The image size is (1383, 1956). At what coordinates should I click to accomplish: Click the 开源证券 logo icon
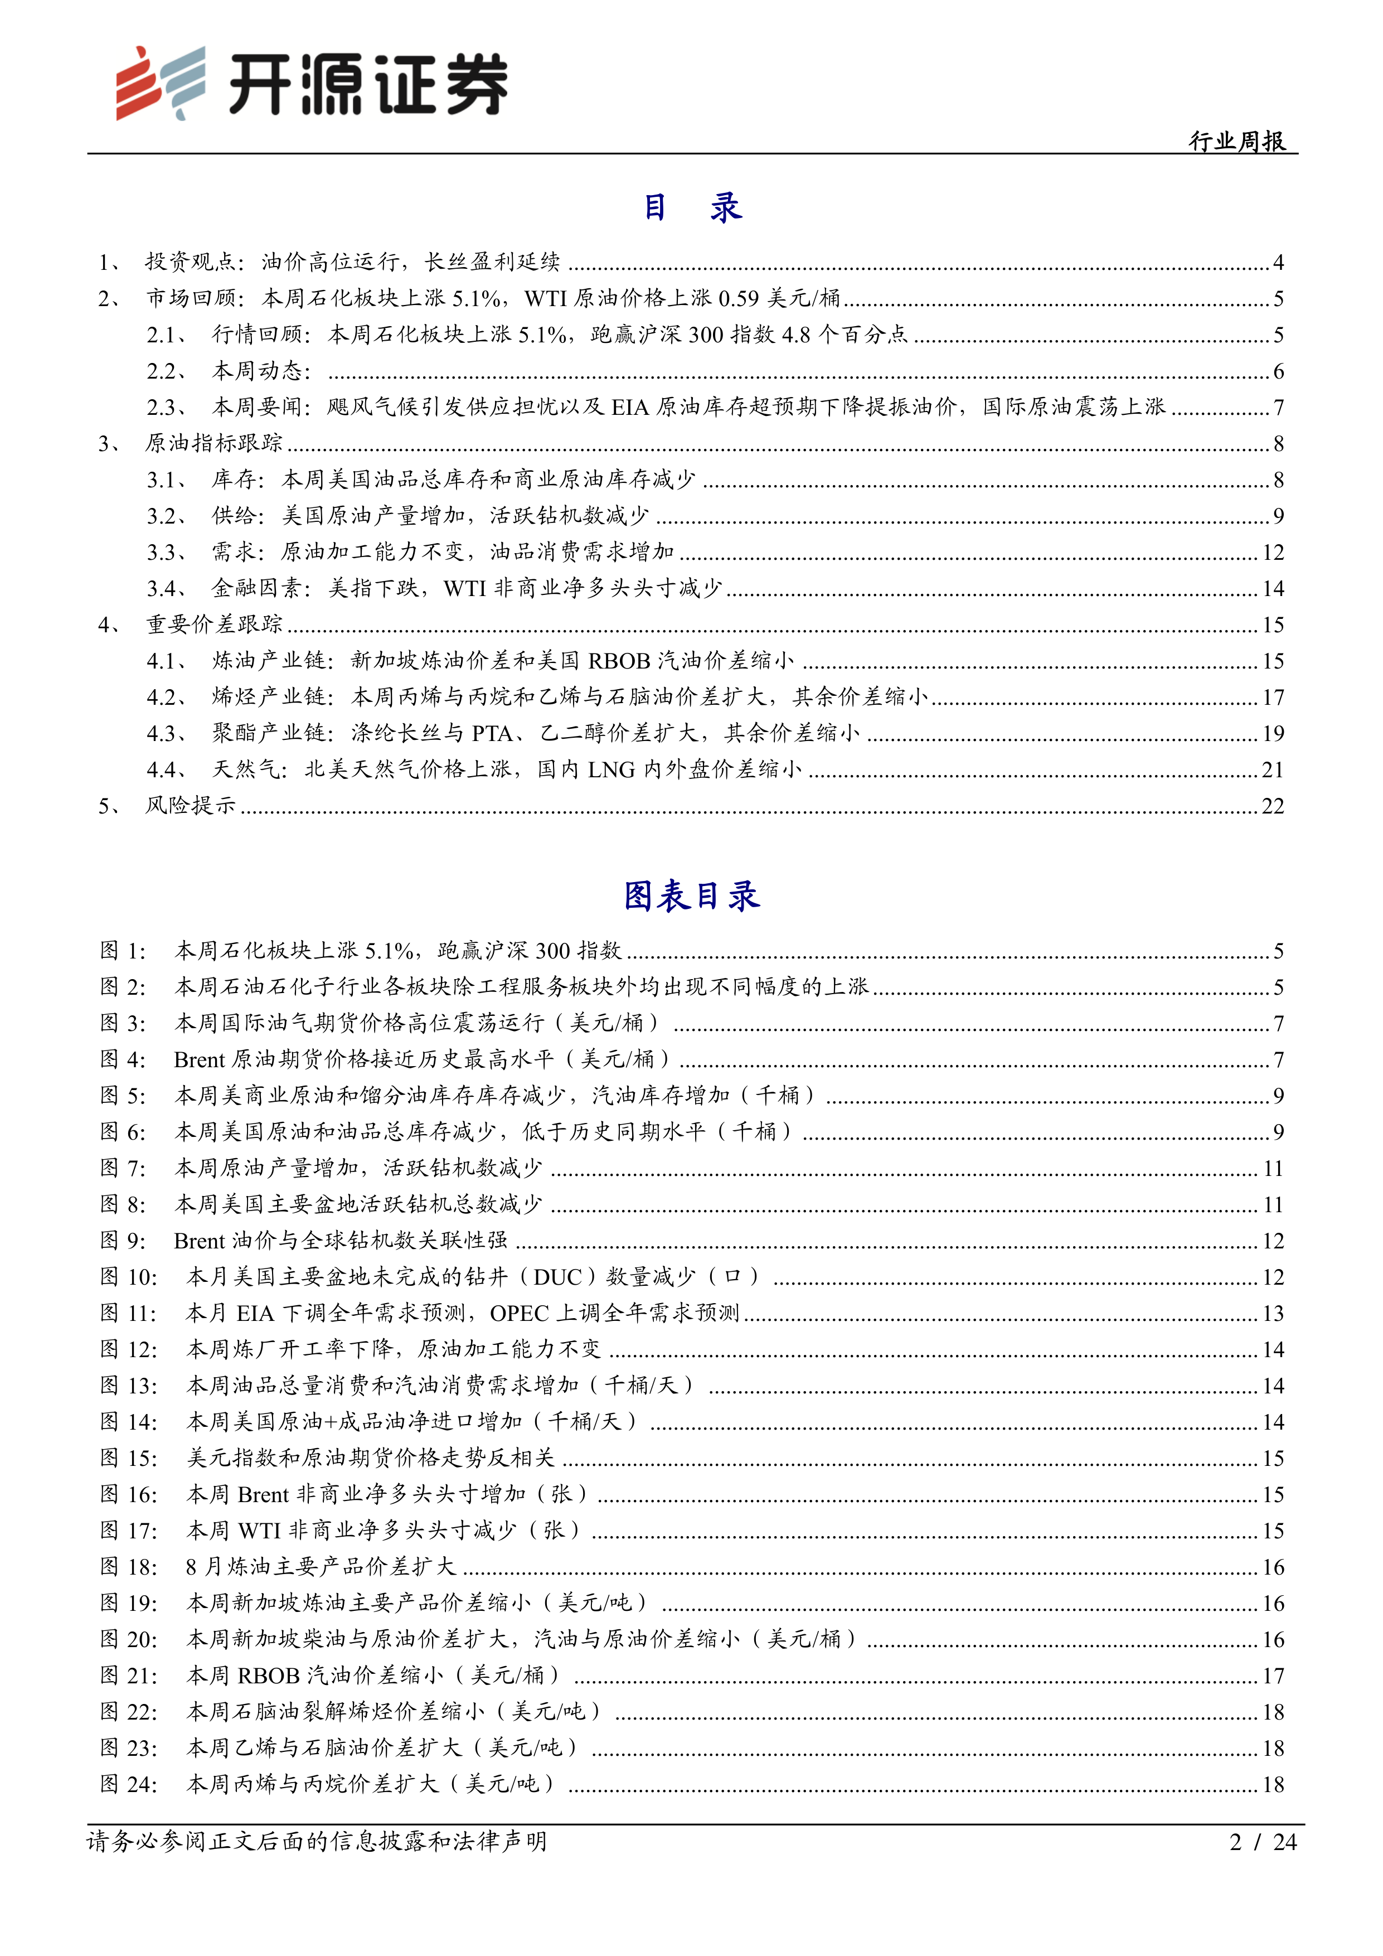click(x=162, y=83)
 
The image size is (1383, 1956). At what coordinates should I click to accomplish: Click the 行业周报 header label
click(x=1236, y=141)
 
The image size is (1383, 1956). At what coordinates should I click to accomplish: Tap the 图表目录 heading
click(x=691, y=895)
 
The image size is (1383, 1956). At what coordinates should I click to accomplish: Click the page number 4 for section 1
click(x=1278, y=263)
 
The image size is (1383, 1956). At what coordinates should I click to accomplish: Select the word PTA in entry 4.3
click(x=491, y=734)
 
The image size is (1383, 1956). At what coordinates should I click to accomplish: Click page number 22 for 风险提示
click(x=1272, y=806)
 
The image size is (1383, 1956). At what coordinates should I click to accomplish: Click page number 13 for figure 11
click(x=1272, y=1313)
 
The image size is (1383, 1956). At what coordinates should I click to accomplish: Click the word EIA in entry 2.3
click(x=630, y=407)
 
